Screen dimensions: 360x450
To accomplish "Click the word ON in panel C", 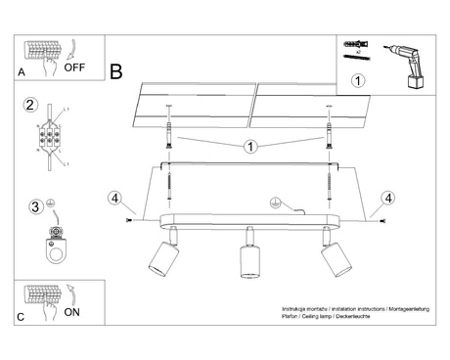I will [x=72, y=315].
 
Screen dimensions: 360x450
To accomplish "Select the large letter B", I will [x=116, y=71].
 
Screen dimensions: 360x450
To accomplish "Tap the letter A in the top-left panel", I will [x=22, y=72].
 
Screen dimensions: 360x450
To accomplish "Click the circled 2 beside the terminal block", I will [x=30, y=105].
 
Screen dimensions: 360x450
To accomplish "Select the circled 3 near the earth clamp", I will [x=35, y=206].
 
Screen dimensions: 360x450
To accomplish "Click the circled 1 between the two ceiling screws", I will [x=250, y=147].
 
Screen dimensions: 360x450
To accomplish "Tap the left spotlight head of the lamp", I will [x=158, y=258].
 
